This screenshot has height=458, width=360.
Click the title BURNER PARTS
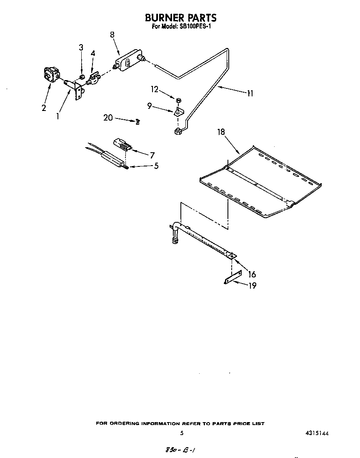[x=180, y=18]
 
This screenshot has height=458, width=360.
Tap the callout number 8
[x=112, y=35]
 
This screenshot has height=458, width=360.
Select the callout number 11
[x=250, y=93]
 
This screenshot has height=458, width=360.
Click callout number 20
[x=108, y=118]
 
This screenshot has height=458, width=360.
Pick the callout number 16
[x=252, y=274]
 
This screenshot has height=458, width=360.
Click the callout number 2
[x=44, y=108]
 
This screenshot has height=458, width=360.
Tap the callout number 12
[x=155, y=89]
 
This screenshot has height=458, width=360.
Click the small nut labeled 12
[x=178, y=100]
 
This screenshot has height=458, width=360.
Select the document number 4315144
[x=317, y=433]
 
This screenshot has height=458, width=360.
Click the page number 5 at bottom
[x=182, y=433]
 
